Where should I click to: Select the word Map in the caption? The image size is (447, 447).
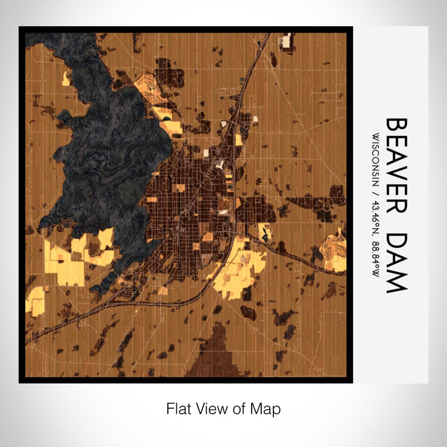[x=266, y=408]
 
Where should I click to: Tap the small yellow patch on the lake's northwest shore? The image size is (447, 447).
[x=66, y=79]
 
